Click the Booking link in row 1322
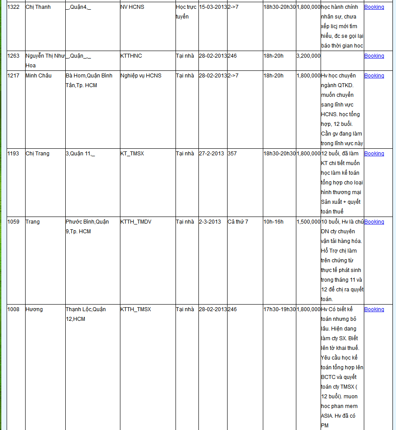pyautogui.click(x=374, y=7)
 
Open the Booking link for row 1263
pyautogui.click(x=374, y=56)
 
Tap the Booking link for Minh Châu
pyautogui.click(x=374, y=76)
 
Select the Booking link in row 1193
pyautogui.click(x=374, y=154)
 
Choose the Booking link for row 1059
pyautogui.click(x=374, y=222)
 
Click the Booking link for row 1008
pyautogui.click(x=374, y=309)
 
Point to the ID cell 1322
pyautogui.click(x=13, y=7)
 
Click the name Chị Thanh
pyautogui.click(x=38, y=7)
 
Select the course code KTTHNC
pyautogui.click(x=131, y=56)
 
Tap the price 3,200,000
pyautogui.click(x=308, y=56)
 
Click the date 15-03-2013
pyautogui.click(x=213, y=7)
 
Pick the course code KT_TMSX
pyautogui.click(x=132, y=154)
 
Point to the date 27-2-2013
pyautogui.click(x=211, y=154)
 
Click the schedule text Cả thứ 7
pyautogui.click(x=238, y=222)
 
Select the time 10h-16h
pyautogui.click(x=273, y=222)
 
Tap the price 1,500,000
pyautogui.click(x=308, y=222)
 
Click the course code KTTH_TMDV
pyautogui.click(x=136, y=222)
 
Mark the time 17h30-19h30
pyautogui.click(x=280, y=309)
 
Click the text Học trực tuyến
pyautogui.click(x=186, y=12)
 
